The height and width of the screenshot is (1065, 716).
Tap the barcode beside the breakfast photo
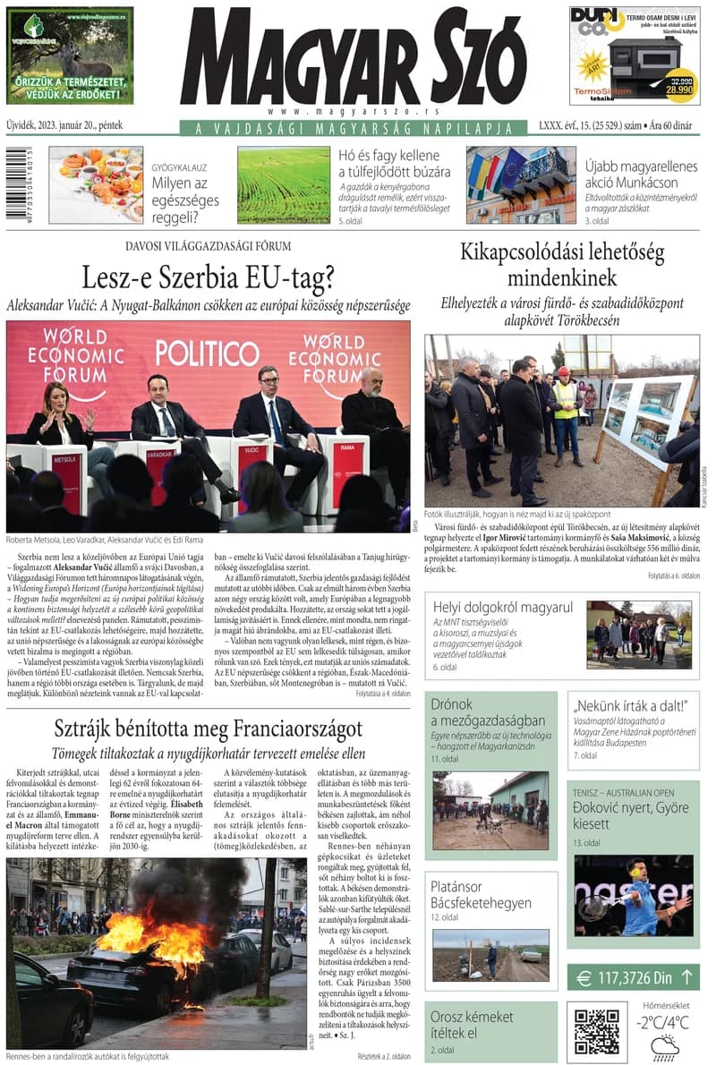[12, 185]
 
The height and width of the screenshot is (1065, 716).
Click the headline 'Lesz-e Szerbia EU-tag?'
[208, 278]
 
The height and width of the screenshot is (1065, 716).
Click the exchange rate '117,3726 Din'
[634, 976]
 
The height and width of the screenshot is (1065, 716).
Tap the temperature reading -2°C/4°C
[663, 1022]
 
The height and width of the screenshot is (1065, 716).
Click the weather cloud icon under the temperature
[665, 1048]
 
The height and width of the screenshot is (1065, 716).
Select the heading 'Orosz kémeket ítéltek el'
[472, 1025]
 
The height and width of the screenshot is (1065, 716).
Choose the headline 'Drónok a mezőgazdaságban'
[488, 712]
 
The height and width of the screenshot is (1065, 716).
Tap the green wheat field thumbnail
[284, 185]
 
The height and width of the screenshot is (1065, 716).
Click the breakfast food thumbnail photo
[96, 185]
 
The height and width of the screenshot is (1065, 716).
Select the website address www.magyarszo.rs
[354, 111]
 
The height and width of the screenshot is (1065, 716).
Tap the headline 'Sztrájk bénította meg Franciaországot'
[208, 728]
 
